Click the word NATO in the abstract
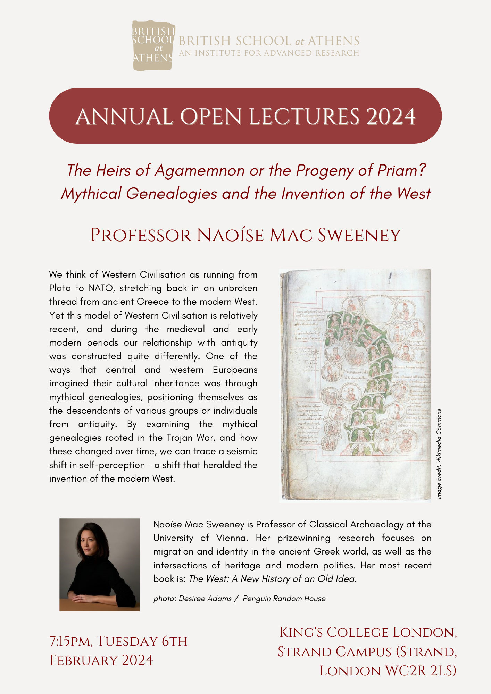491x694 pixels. (101, 288)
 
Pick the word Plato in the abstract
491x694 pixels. (62, 288)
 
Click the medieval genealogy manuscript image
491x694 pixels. (355, 385)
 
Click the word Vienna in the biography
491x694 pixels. (232, 538)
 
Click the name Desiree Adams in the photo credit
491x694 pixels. (205, 598)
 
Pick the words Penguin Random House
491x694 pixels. (284, 598)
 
